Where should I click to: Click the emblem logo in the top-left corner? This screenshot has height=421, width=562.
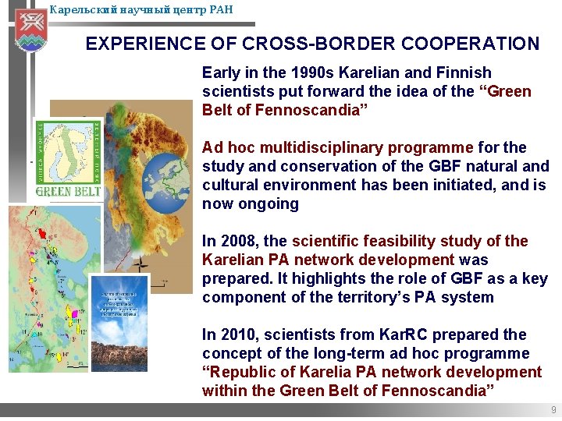tap(31, 29)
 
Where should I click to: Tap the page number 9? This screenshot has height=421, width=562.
tap(553, 410)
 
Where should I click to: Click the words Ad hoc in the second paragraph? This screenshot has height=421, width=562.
tap(229, 147)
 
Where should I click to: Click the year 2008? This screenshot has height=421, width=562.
tap(239, 241)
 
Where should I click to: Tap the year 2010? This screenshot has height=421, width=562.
tap(239, 334)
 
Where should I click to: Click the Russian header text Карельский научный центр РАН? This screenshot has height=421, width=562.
tap(140, 10)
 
